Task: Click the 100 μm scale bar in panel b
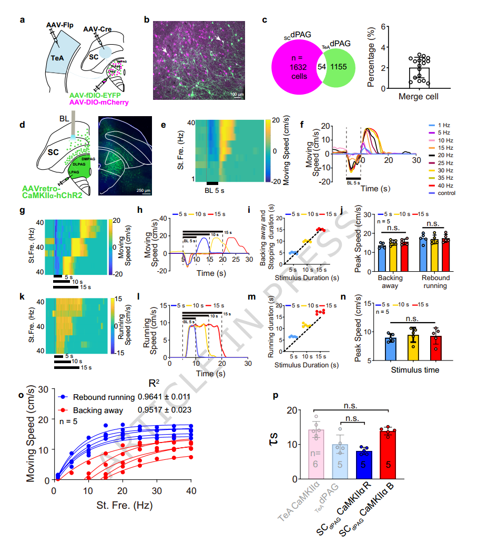(x=237, y=94)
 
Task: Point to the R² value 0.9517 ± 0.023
(x=164, y=410)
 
